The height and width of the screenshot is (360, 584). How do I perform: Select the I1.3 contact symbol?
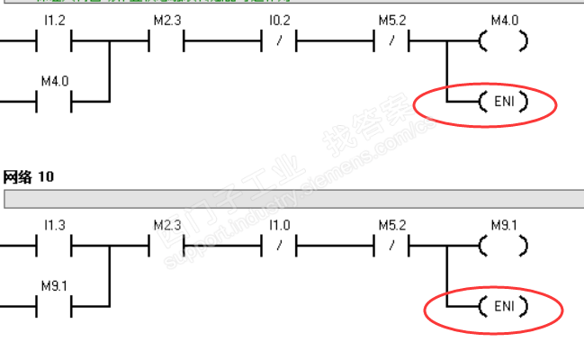coord(53,244)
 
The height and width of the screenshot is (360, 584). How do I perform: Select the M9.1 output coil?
coord(503,244)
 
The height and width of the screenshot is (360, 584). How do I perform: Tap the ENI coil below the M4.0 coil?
coord(503,103)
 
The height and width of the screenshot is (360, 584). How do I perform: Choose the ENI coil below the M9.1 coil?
coord(503,307)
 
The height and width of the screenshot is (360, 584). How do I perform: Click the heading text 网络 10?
coord(28,177)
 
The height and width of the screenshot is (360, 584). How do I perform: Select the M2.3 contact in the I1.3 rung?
coord(166,244)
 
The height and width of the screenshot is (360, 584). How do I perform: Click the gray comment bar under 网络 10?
coord(288,198)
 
